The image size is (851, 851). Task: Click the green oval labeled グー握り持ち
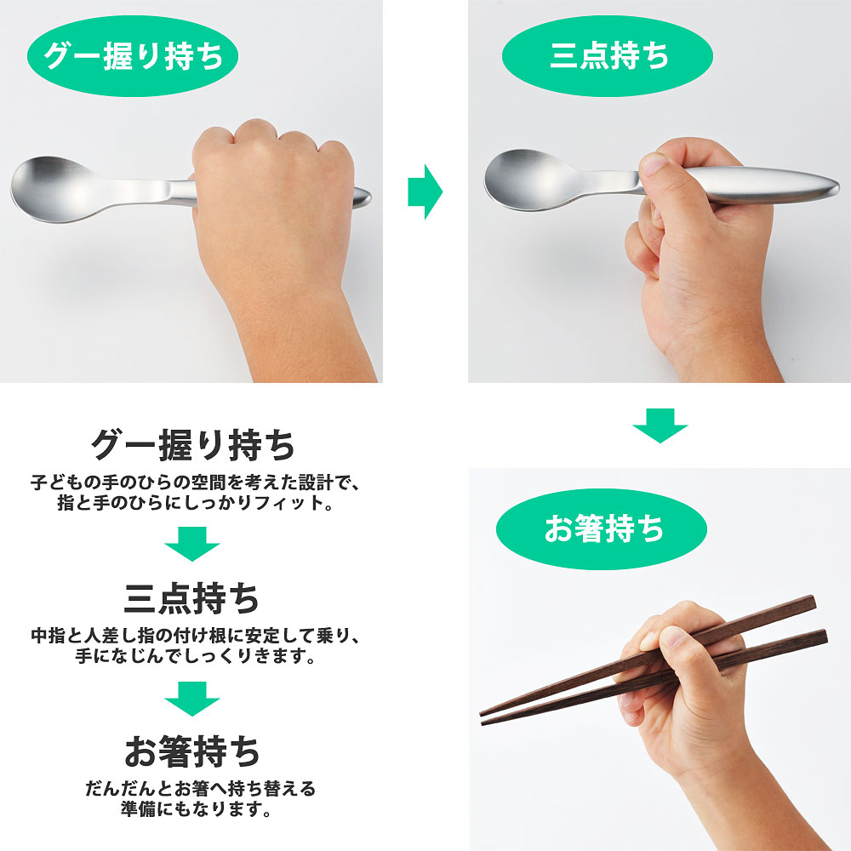(x=133, y=56)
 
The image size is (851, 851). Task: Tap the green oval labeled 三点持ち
(x=608, y=56)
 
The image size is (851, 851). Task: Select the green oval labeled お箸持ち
(x=602, y=529)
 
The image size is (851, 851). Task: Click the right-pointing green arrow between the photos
(x=425, y=191)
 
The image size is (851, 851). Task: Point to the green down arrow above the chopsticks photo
(x=660, y=425)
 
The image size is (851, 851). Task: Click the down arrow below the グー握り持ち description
(x=192, y=544)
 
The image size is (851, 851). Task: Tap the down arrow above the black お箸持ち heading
(x=192, y=699)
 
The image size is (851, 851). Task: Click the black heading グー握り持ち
(x=192, y=446)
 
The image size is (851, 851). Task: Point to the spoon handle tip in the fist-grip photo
(x=363, y=197)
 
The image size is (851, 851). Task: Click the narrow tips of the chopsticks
(x=485, y=717)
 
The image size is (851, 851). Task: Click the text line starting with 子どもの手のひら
(x=196, y=483)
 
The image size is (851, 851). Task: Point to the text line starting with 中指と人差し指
(x=196, y=636)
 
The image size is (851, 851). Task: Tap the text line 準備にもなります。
(x=197, y=810)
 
